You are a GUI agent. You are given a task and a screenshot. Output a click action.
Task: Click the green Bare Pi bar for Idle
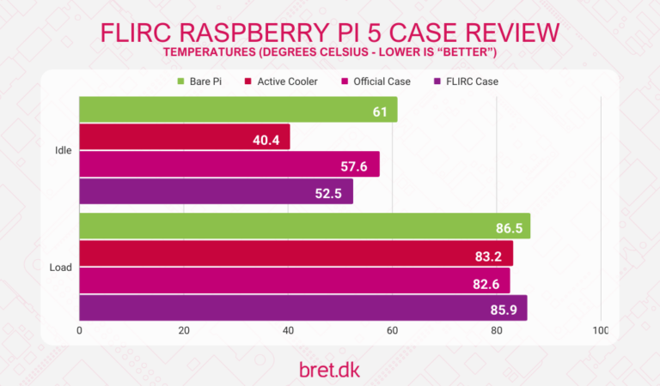[238, 109]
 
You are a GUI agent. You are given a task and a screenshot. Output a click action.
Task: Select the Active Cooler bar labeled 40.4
[185, 136]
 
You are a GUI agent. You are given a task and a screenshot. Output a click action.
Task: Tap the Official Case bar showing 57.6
[229, 164]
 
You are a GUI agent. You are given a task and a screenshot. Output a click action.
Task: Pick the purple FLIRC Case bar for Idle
[216, 191]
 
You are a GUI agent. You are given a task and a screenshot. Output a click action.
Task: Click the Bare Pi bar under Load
[304, 226]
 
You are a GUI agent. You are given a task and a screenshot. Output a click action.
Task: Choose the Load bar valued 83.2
[296, 253]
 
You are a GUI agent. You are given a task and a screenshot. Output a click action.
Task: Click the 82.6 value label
[486, 281]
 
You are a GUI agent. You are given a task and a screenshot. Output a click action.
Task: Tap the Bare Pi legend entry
[204, 81]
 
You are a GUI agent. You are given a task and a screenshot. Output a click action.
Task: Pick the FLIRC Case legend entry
[469, 81]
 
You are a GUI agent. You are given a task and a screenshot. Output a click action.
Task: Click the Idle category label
[63, 150]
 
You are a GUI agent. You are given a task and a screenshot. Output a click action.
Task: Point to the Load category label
[61, 267]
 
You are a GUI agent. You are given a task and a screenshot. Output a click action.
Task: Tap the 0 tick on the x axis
[80, 330]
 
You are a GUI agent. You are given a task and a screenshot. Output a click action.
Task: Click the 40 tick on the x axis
[288, 330]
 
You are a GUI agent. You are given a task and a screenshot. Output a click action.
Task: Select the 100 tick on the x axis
[600, 330]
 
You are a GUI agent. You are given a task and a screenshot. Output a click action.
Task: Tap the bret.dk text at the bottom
[329, 370]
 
